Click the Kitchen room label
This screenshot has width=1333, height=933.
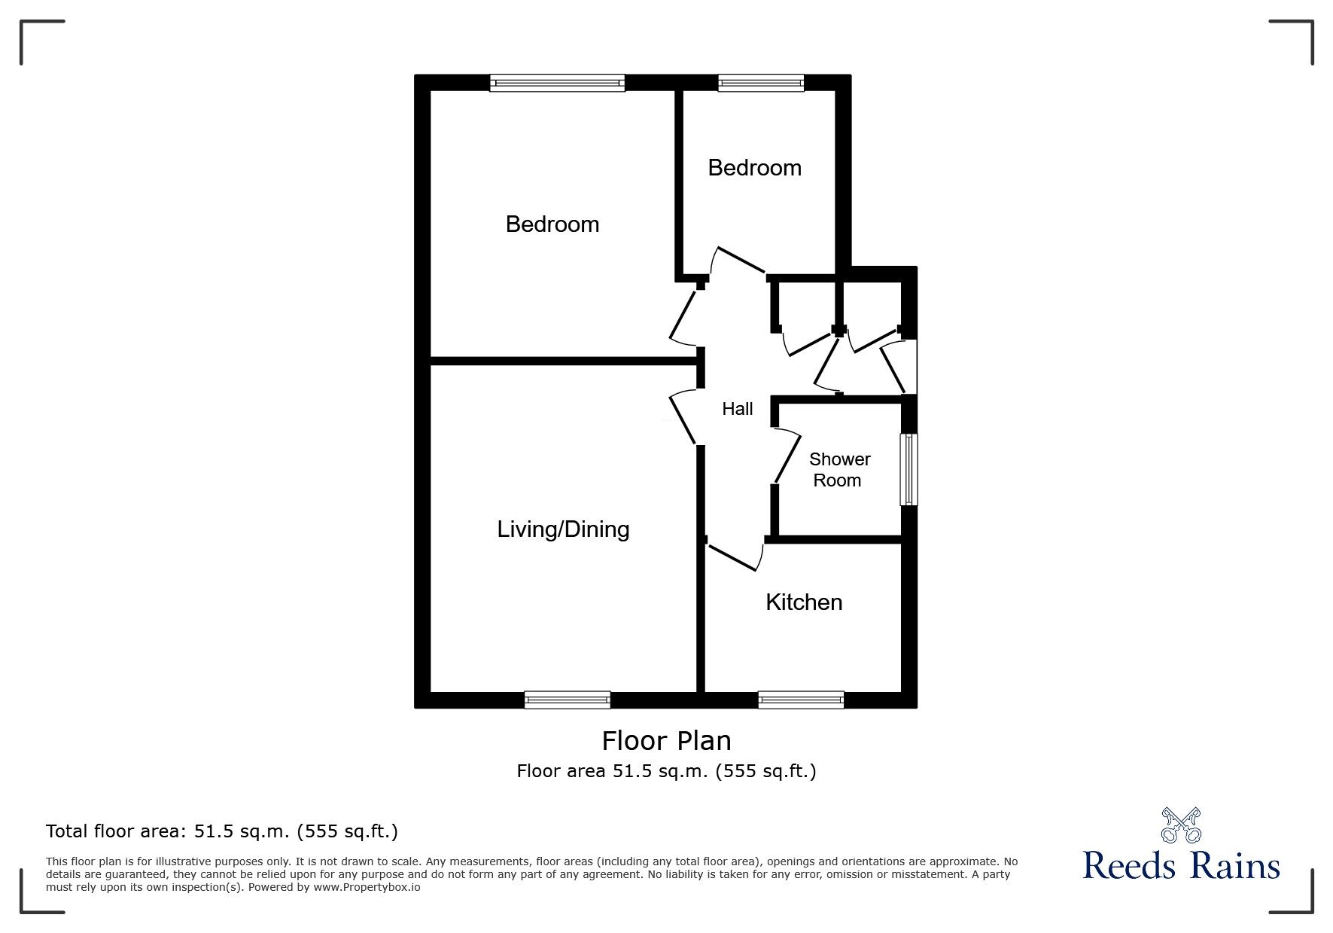[x=803, y=602]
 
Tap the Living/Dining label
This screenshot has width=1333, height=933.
[x=563, y=529]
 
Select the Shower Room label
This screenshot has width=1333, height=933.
[x=839, y=470]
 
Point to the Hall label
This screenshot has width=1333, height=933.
[x=737, y=409]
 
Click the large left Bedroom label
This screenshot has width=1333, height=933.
[x=552, y=224]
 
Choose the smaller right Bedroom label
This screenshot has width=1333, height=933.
[x=754, y=168]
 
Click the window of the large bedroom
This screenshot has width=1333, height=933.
[x=557, y=83]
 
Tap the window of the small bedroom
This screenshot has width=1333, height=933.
[x=761, y=83]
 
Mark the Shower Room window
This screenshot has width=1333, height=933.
[x=909, y=468]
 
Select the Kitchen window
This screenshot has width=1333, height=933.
[x=801, y=700]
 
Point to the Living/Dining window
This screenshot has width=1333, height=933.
[x=568, y=700]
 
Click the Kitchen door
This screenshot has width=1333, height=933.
[x=734, y=556]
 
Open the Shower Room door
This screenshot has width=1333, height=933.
[x=787, y=456]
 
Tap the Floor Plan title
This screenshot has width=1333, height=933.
[x=666, y=741]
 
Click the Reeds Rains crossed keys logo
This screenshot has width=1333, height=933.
[x=1181, y=825]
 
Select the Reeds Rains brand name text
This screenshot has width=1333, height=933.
[x=1181, y=866]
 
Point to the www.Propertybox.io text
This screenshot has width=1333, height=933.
[x=367, y=887]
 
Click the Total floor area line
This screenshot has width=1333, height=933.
[x=222, y=831]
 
